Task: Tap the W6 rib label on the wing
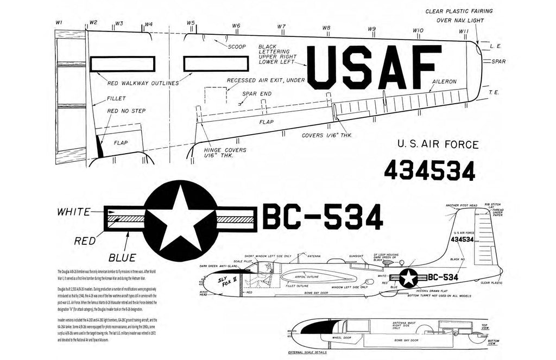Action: (x=236, y=26)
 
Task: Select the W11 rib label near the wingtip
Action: (x=463, y=31)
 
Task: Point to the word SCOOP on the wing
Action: (x=237, y=47)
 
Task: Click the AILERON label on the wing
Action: (x=444, y=81)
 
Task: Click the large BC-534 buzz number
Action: (x=323, y=218)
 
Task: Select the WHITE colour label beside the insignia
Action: (x=78, y=212)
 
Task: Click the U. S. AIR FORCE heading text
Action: (x=438, y=144)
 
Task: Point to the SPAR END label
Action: (x=257, y=93)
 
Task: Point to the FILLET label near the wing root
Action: (x=117, y=98)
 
